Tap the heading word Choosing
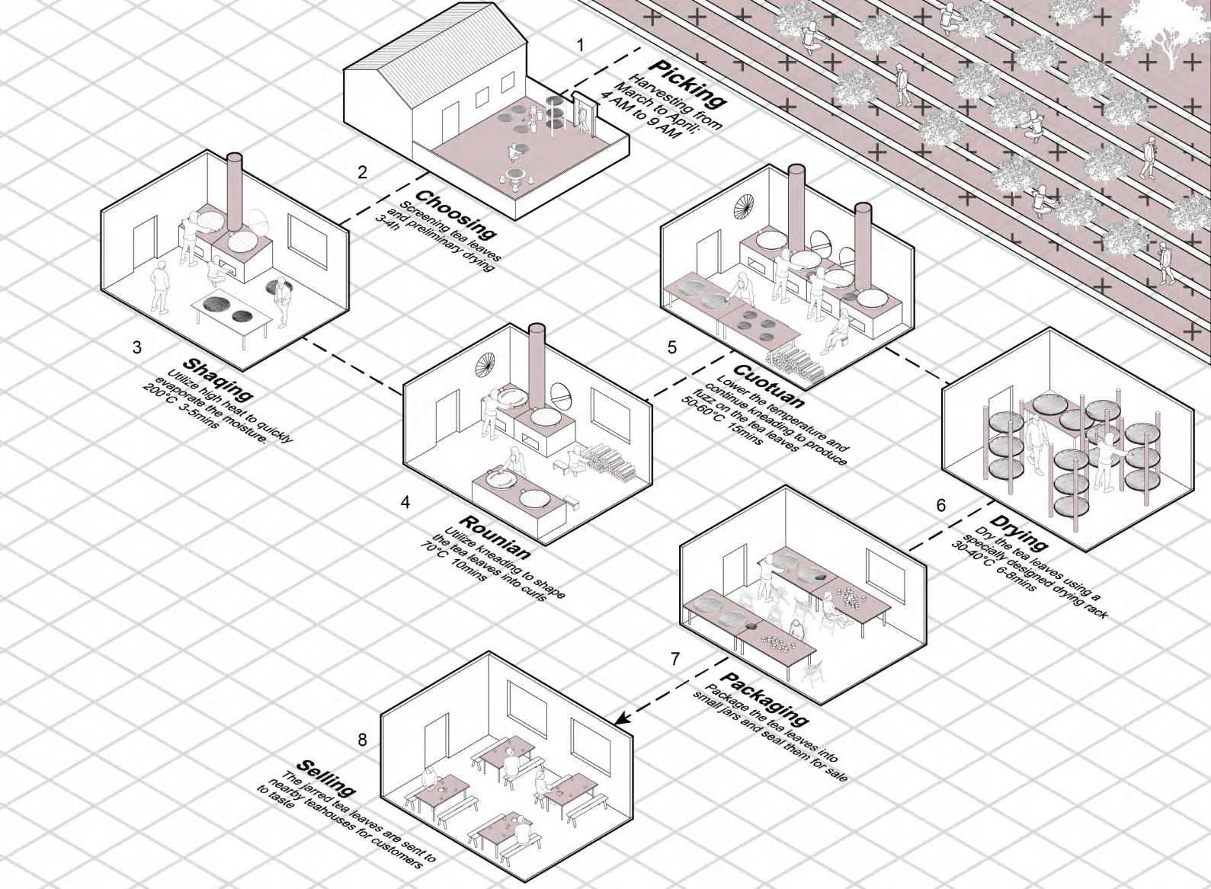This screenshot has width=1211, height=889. point(456,214)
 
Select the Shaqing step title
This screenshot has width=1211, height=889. point(217,379)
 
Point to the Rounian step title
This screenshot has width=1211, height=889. point(495,537)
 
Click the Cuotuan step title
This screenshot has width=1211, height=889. point(768,379)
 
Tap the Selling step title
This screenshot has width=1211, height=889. point(325,776)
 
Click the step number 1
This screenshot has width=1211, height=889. point(581,46)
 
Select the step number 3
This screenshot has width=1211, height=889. point(137,347)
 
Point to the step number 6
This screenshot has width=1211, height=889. point(941,505)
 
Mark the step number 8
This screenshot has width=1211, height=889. point(362,740)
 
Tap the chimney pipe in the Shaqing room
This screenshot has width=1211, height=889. point(235,190)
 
